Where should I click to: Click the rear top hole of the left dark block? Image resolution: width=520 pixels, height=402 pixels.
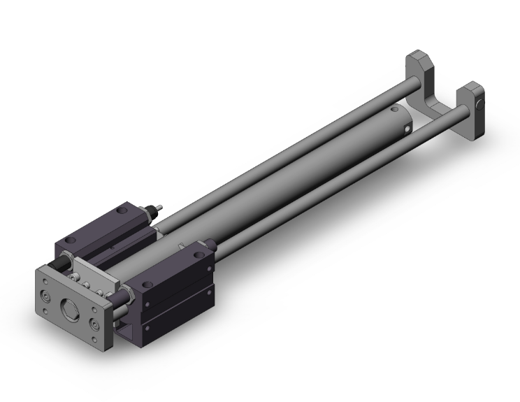(122, 209)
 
